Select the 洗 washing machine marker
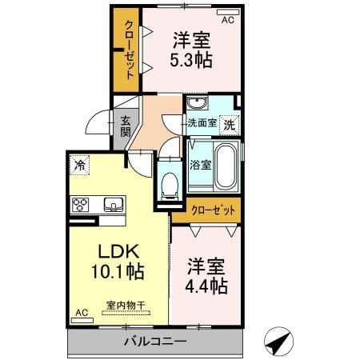tap(229, 125)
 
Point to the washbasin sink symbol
tap(197, 105)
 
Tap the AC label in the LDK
tap(81, 313)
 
